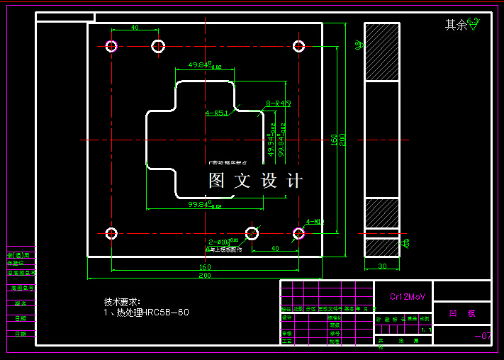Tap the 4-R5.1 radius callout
(216, 113)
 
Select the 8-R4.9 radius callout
(279, 103)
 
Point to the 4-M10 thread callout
(315, 222)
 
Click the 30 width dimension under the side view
(382, 266)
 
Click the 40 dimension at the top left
(135, 28)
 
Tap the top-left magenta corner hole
(111, 47)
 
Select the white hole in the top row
(158, 47)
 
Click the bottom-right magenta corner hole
(298, 233)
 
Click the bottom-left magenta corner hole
(111, 233)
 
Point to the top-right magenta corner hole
(298, 47)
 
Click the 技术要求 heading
(122, 302)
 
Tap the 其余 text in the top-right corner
(456, 26)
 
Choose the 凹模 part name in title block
(461, 313)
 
